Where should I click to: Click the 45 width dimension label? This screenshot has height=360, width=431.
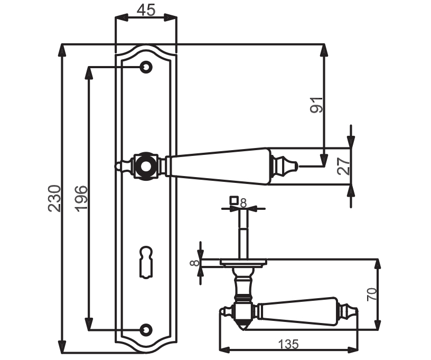[146, 10]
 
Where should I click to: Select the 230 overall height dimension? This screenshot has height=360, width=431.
[54, 198]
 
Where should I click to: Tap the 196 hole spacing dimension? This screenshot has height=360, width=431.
[81, 199]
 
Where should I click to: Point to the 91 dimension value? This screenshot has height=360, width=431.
[316, 105]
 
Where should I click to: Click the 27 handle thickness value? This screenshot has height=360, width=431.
[344, 166]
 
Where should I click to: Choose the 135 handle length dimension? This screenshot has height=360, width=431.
[288, 344]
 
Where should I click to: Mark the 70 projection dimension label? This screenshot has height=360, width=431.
[372, 294]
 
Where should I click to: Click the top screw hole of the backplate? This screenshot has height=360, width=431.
[146, 67]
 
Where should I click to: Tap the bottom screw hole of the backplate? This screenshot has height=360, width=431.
[146, 329]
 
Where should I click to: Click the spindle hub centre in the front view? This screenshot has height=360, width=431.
[146, 166]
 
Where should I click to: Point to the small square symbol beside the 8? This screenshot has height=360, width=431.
[233, 200]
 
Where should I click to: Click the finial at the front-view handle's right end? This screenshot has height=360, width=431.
[285, 166]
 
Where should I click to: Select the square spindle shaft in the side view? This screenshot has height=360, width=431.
[243, 234]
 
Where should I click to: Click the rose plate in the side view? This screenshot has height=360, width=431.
[243, 263]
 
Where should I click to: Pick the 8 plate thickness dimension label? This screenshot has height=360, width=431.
[194, 263]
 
